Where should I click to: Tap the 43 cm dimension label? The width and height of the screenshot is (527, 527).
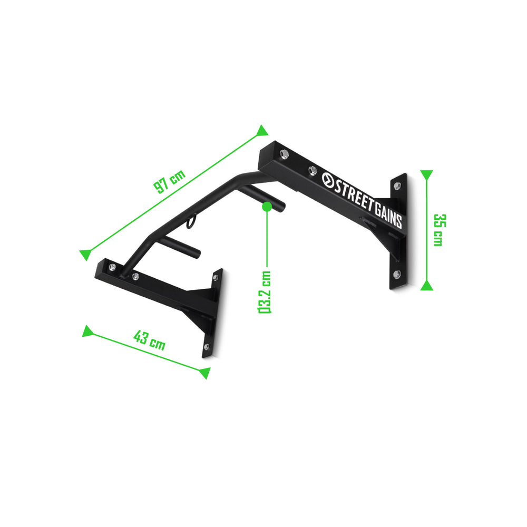(x=149, y=340)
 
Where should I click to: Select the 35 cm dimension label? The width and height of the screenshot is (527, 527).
(x=437, y=229)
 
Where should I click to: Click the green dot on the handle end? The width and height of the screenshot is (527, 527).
(x=267, y=206)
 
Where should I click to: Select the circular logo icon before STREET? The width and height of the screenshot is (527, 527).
(x=327, y=180)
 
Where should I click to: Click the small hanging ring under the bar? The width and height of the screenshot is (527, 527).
(x=190, y=222)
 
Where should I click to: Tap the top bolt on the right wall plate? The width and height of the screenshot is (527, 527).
(x=397, y=186)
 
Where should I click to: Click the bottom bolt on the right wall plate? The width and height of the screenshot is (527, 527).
(x=397, y=274)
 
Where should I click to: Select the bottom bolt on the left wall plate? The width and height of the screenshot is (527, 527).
(x=206, y=347)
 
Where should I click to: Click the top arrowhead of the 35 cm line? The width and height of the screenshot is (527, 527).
(x=427, y=174)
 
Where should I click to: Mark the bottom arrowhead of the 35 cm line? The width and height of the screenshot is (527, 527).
(x=427, y=286)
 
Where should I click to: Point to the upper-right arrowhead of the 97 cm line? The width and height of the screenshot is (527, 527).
(x=262, y=131)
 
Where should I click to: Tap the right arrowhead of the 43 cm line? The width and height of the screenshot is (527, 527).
(x=204, y=373)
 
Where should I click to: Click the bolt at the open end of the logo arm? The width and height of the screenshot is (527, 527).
(x=284, y=153)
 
